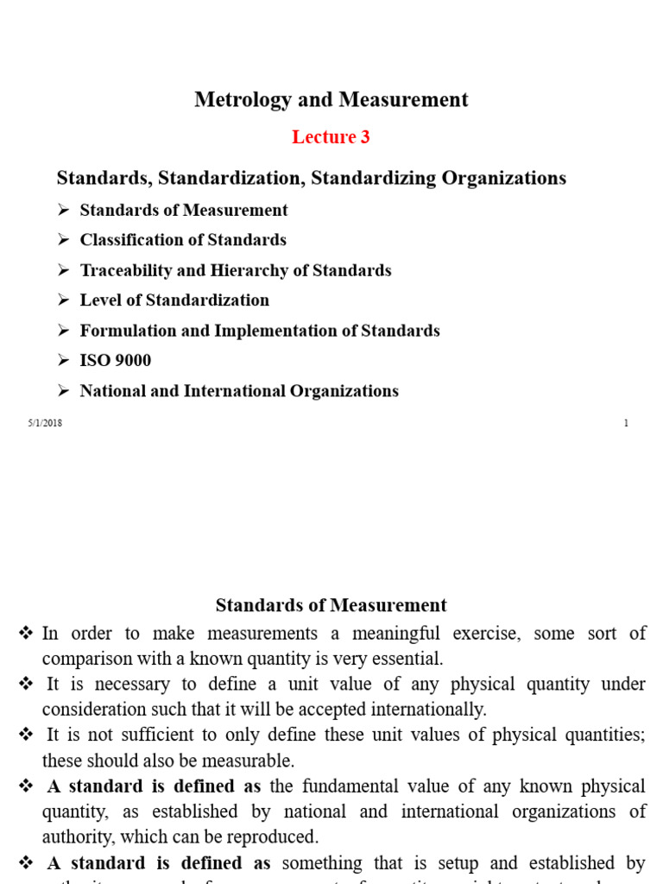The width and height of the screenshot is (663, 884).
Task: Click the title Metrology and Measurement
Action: [x=331, y=99]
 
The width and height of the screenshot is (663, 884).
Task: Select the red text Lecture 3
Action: [x=331, y=137]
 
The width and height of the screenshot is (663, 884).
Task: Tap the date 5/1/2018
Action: [x=45, y=423]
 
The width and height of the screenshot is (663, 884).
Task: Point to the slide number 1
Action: [x=625, y=423]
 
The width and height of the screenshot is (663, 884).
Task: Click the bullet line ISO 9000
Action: [x=116, y=361]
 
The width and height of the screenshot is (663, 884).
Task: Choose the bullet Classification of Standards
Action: [x=183, y=240]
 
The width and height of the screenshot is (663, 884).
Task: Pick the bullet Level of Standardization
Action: [x=174, y=300]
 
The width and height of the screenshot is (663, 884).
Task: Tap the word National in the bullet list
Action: [x=110, y=391]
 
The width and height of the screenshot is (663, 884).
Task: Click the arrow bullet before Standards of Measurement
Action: [x=63, y=211]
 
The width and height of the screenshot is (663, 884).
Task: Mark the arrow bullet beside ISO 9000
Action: [x=63, y=361]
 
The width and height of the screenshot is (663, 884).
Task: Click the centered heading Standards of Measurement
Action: [x=331, y=605]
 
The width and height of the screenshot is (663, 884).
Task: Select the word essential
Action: [x=408, y=660]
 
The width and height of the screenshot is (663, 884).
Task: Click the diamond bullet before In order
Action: [x=26, y=634]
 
